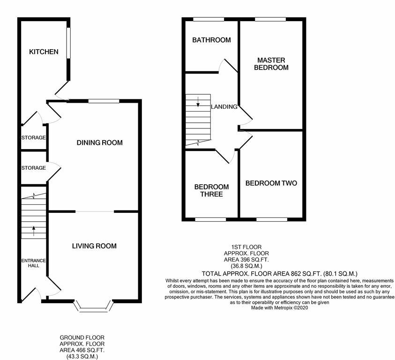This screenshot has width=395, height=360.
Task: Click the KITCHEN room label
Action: tap(44, 52)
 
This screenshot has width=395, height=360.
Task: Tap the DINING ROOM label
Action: tap(99, 142)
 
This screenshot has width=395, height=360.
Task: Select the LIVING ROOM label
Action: tap(94, 246)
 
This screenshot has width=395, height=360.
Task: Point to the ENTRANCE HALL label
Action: tap(33, 263)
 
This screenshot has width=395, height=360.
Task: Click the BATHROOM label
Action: tap(211, 40)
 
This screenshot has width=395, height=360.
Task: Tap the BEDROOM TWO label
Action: tap(271, 183)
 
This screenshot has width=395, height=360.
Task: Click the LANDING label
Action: tap(224, 107)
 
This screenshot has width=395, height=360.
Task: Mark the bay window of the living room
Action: tap(96, 307)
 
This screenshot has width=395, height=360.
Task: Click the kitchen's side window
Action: tap(68, 44)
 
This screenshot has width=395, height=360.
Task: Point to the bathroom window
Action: tap(209, 19)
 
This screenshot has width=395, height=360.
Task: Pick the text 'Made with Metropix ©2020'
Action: tap(280, 308)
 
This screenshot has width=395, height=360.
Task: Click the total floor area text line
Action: tap(280, 273)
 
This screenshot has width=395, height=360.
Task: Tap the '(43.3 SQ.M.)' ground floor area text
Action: tap(82, 356)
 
